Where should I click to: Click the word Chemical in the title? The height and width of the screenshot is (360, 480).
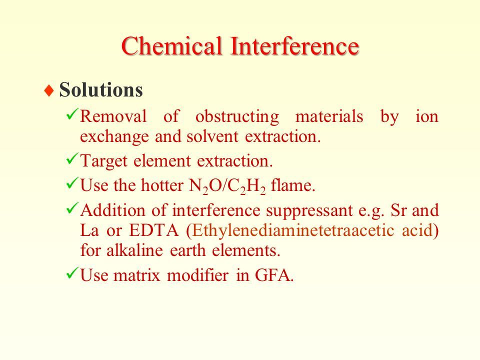(171, 46)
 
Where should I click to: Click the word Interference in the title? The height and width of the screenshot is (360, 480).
(294, 46)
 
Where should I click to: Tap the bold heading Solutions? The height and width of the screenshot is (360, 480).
(101, 89)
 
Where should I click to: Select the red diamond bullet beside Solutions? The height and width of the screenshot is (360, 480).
(49, 90)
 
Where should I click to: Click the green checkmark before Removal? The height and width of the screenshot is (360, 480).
(72, 114)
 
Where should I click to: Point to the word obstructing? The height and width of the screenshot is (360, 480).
(237, 117)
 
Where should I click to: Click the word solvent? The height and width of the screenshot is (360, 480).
(212, 136)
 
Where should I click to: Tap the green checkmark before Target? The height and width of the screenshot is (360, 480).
(72, 158)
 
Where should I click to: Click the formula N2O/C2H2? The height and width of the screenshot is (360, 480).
(227, 186)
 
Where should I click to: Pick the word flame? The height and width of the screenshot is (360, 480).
(293, 185)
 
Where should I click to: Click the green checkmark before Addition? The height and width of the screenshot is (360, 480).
(72, 207)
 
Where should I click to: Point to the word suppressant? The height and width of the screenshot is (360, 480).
(309, 211)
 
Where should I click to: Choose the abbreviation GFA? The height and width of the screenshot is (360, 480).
(274, 275)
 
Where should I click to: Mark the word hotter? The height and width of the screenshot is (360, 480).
(161, 185)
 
